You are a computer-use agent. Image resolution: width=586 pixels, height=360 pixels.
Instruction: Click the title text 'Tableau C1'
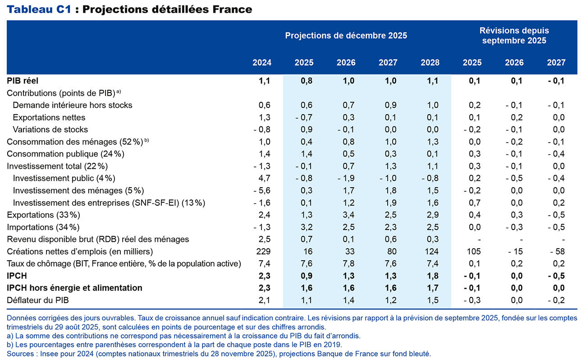pyautogui.click(x=39, y=9)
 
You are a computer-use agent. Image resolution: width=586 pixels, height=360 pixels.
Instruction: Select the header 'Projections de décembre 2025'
pyautogui.click(x=346, y=36)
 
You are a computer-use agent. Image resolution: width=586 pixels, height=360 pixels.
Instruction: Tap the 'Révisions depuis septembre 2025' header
pyautogui.click(x=514, y=36)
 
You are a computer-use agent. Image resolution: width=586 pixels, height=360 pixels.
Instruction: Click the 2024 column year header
pyautogui.click(x=262, y=63)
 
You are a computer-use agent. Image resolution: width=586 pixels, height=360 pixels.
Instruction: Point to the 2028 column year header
pyautogui.click(x=430, y=63)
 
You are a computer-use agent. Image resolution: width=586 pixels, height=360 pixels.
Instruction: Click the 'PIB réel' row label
pyautogui.click(x=23, y=81)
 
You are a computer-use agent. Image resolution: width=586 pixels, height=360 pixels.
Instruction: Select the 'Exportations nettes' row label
pyautogui.click(x=49, y=117)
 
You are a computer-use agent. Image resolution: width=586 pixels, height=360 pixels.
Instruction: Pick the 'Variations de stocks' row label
pyautogui.click(x=50, y=129)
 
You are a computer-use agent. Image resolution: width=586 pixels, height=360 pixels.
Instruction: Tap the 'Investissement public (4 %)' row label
pyautogui.click(x=64, y=178)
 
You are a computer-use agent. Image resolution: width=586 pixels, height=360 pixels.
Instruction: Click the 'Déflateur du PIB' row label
pyautogui.click(x=38, y=300)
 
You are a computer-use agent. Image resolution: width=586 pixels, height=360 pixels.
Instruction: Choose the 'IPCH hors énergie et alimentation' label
pyautogui.click(x=74, y=288)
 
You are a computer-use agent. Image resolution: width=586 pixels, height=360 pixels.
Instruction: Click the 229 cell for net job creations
pyautogui.click(x=265, y=251)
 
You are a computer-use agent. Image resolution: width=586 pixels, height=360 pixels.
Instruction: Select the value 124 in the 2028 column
pyautogui.click(x=432, y=251)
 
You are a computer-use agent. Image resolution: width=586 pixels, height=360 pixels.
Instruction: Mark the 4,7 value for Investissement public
pyautogui.click(x=266, y=178)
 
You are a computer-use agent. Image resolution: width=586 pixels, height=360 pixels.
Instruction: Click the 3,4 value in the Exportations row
pyautogui.click(x=349, y=215)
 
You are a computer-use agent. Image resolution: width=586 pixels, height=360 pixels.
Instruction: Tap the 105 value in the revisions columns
pyautogui.click(x=474, y=251)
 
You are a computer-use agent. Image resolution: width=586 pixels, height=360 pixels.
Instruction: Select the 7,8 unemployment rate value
pyautogui.click(x=349, y=263)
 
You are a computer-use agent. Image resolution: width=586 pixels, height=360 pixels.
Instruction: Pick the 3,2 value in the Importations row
pyautogui.click(x=307, y=227)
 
